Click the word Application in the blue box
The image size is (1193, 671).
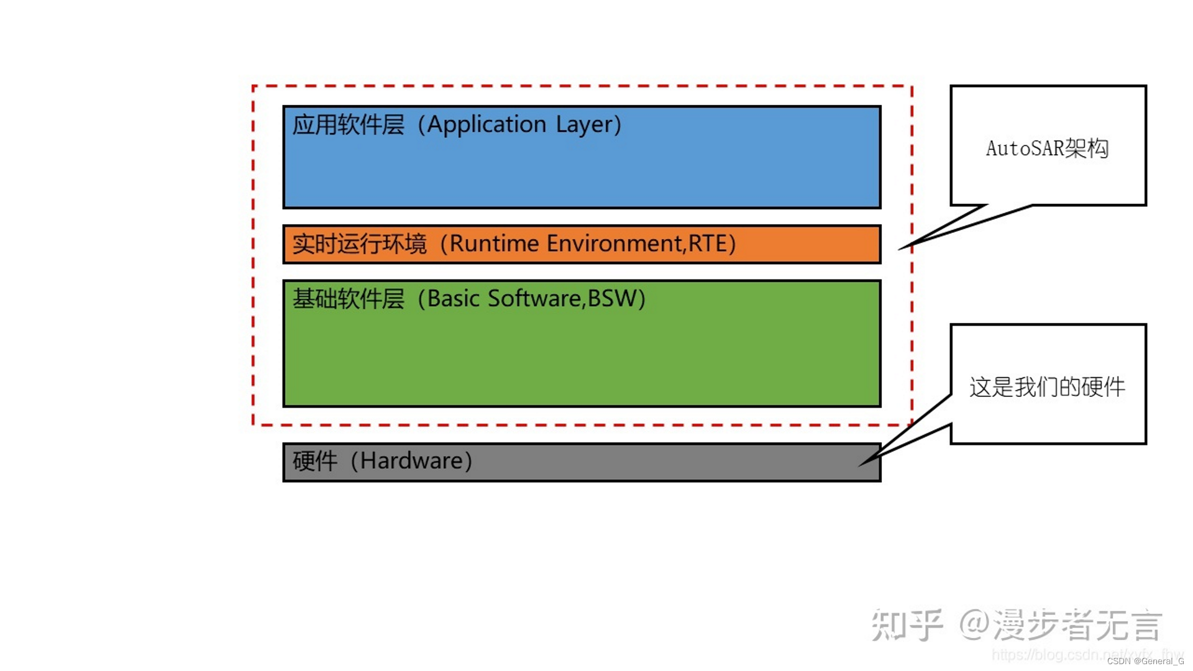point(487,125)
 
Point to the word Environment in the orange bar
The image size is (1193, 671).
point(614,244)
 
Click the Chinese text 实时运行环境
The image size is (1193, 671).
point(359,244)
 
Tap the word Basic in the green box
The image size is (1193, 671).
point(453,299)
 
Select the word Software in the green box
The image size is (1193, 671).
point(534,299)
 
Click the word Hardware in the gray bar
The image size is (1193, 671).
point(411,461)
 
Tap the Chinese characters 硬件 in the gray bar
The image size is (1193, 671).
point(314,461)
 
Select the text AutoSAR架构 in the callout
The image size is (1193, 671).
point(1047,148)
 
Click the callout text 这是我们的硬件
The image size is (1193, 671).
point(1047,387)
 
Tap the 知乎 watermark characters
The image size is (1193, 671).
point(907,624)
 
